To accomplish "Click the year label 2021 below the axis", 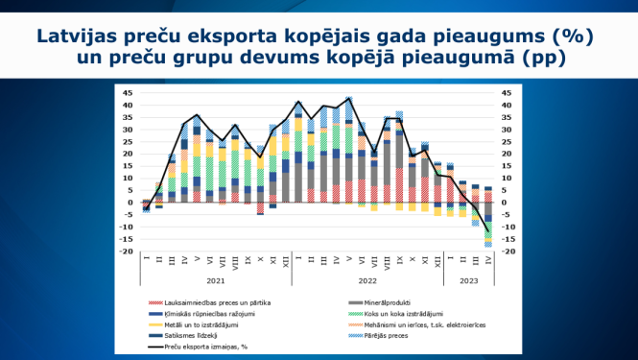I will click(215, 281).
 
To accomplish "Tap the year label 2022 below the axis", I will click(366, 281).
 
